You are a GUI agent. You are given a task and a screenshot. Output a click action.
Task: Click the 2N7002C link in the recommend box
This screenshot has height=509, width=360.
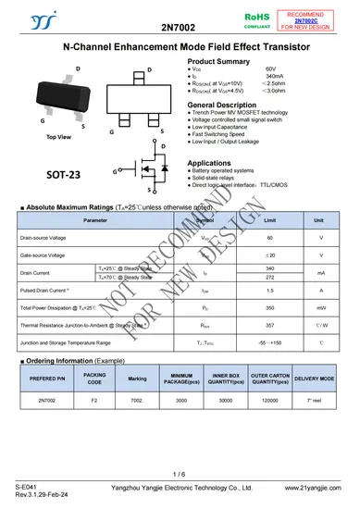point(319,19)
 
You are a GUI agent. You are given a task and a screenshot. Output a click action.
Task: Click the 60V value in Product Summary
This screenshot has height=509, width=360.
point(270,69)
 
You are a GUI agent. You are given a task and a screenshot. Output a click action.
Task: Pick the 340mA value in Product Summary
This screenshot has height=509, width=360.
point(275,78)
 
